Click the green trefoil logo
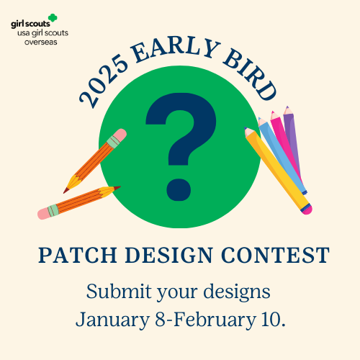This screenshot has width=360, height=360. [x=53, y=18]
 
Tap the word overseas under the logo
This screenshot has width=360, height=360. [x=41, y=42]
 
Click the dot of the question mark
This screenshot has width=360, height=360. [x=179, y=189]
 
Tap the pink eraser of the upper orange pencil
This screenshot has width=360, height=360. [x=120, y=136]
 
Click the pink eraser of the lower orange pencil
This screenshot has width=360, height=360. [x=44, y=213]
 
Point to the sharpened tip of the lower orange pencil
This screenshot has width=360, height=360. [x=117, y=188]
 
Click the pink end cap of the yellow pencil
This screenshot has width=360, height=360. [x=307, y=209]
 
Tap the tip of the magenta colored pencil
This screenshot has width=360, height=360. [x=273, y=112]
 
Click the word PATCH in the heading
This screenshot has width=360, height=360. [x=78, y=255]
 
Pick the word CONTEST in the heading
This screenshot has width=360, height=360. [x=276, y=255]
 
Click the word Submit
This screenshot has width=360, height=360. [x=119, y=292]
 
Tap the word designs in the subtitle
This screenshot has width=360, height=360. [x=237, y=292]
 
